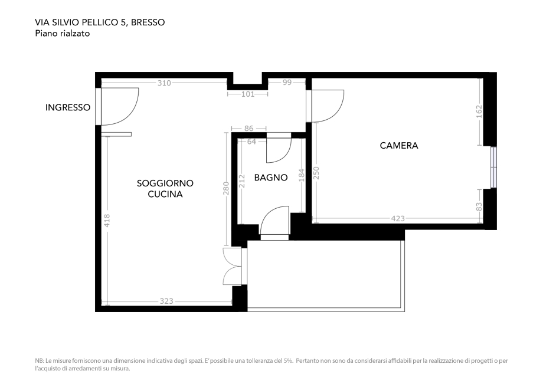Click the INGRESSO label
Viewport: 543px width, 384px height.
coord(68,107)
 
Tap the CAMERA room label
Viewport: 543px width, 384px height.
coord(398,145)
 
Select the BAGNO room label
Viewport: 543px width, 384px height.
coord(271,177)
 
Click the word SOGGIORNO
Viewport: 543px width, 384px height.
coord(165,183)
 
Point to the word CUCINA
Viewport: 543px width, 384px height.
coord(165,193)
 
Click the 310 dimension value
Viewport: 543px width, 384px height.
coord(164,83)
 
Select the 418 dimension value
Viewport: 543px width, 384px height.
coord(107,220)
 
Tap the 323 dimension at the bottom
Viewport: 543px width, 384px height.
coord(166,301)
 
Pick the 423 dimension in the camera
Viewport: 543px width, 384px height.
coord(398,219)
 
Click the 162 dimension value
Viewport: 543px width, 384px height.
coord(479,111)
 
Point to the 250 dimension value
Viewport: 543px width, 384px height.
coord(316,172)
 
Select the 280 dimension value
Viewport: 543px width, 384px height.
coord(225,188)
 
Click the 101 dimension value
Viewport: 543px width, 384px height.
coord(248,94)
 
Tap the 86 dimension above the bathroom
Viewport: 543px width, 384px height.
coord(248,128)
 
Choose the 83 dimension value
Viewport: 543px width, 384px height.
coord(479,206)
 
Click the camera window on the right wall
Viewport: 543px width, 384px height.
coord(493,167)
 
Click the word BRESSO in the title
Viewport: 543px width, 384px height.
coord(148,22)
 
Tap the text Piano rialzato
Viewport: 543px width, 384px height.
coord(63,34)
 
